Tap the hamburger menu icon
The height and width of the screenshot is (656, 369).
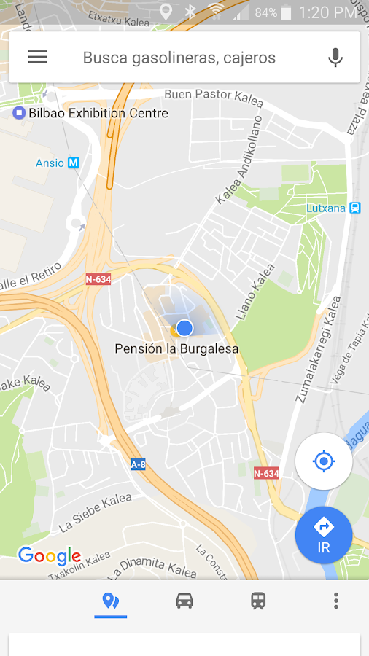37,57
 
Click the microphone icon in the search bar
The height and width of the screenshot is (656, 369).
335,58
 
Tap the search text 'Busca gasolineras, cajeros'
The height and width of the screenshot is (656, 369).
179,58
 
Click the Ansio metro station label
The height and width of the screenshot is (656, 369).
57,163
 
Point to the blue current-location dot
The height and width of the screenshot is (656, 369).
184,328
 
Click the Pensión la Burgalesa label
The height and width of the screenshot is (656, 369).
176,349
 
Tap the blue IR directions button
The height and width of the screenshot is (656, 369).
324,536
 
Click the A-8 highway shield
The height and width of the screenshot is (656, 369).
138,464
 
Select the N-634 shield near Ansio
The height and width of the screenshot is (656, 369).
98,278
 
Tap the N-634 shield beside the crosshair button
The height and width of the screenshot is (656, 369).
266,473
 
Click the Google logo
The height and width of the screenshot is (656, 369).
50,556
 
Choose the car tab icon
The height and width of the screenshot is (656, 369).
184,601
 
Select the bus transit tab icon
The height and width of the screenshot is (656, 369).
258,601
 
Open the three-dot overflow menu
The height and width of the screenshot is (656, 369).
335,601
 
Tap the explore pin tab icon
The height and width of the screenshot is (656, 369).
111,601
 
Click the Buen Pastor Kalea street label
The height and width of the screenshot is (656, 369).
213,96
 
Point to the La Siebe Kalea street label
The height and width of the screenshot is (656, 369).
96,512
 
